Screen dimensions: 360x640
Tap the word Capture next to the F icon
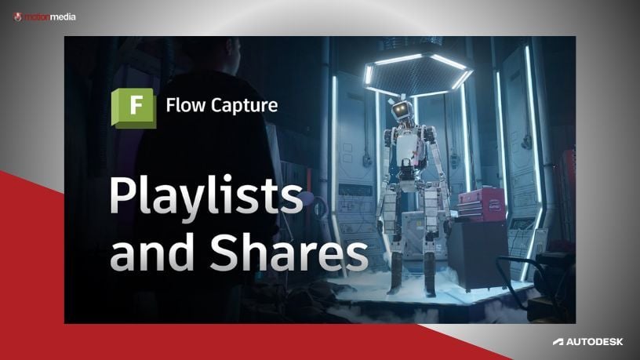coord(243,105)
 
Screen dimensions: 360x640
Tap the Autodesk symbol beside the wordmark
coord(558,342)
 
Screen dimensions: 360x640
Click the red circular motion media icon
coord(17,15)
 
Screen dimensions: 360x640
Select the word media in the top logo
coord(62,15)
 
